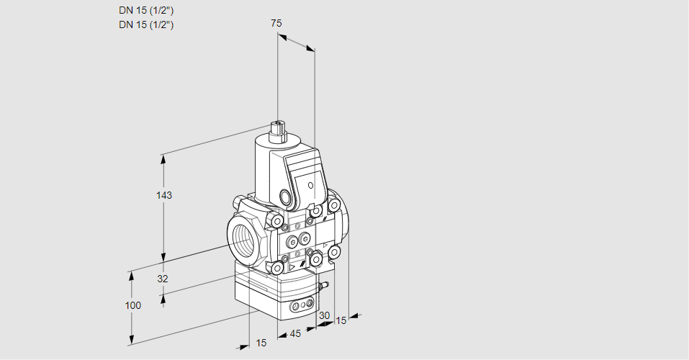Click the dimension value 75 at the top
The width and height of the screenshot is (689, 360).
(x=276, y=23)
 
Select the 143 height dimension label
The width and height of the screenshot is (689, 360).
(x=165, y=195)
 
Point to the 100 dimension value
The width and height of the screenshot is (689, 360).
(x=132, y=305)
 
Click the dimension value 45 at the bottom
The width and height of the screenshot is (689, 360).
(x=295, y=333)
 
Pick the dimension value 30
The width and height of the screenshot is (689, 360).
(x=324, y=315)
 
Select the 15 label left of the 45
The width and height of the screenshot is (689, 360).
(x=261, y=343)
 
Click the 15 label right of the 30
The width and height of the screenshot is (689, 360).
(x=341, y=320)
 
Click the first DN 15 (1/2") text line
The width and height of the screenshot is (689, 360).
(x=147, y=10)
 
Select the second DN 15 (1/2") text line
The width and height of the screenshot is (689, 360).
(x=147, y=24)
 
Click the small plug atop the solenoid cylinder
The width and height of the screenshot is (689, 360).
(x=278, y=130)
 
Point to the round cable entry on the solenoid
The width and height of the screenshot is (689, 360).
(x=286, y=197)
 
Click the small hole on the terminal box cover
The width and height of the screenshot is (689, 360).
(x=310, y=186)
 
